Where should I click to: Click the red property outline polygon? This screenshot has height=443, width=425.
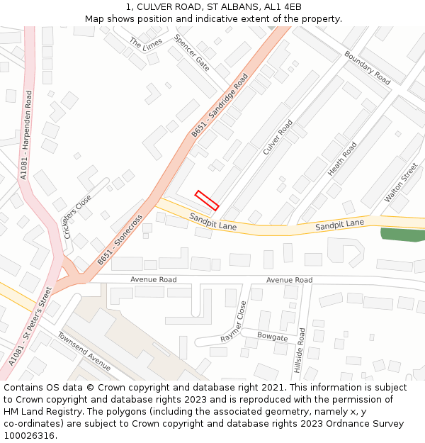pyautogui.click(x=207, y=201)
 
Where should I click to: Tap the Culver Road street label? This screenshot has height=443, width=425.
pyautogui.click(x=278, y=138)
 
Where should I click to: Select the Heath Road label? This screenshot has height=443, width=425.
pyautogui.click(x=342, y=159)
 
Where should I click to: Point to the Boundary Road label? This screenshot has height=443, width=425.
pyautogui.click(x=367, y=67)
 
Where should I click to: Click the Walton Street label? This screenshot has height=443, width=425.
pyautogui.click(x=401, y=183)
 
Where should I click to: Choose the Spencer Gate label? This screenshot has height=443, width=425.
pyautogui.click(x=192, y=53)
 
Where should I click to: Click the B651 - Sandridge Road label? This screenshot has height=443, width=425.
pyautogui.click(x=220, y=105)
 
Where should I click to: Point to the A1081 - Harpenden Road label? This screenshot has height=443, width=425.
pyautogui.click(x=27, y=135)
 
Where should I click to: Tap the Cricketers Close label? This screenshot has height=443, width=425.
pyautogui.click(x=77, y=216)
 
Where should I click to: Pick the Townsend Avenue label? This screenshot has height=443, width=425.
pyautogui.click(x=84, y=351)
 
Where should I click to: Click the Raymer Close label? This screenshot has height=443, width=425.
pyautogui.click(x=234, y=322)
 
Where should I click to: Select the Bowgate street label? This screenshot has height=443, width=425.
pyautogui.click(x=272, y=337)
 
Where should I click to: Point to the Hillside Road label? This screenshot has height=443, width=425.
pyautogui.click(x=301, y=351)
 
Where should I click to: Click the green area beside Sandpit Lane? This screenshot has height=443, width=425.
pyautogui.click(x=402, y=235)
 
